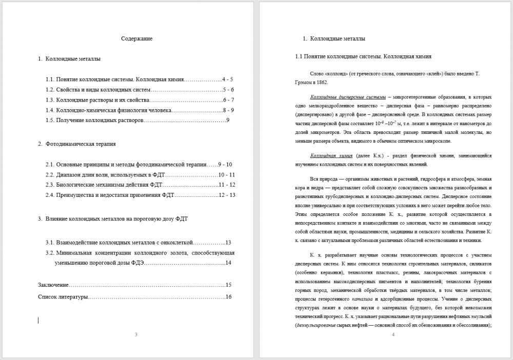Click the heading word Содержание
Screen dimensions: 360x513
click(136, 38)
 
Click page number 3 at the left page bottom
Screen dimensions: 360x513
click(135, 335)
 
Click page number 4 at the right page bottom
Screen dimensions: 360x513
click(393, 335)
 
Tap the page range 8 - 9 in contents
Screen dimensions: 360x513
click(229, 110)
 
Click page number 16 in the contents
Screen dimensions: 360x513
click(229, 297)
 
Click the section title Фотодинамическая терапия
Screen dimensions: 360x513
click(81, 144)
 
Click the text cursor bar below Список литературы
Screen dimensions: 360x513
click(38, 320)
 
